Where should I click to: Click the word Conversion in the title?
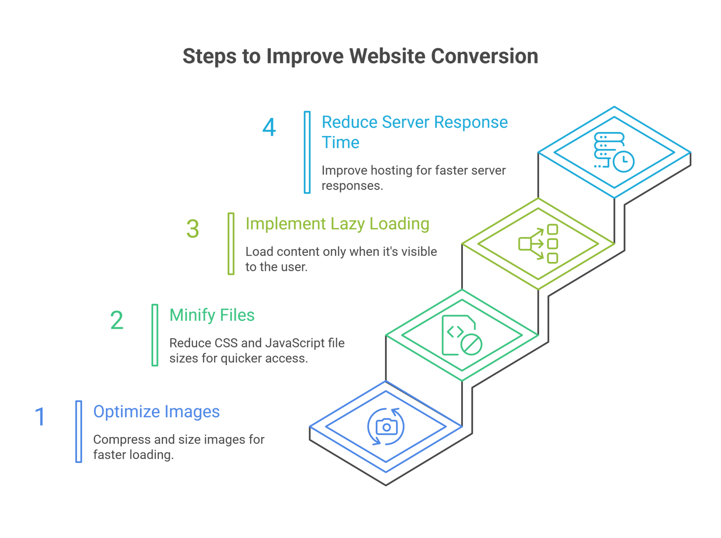pyautogui.click(x=484, y=56)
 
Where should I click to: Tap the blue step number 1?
pyautogui.click(x=40, y=417)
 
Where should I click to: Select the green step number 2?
pyautogui.click(x=117, y=320)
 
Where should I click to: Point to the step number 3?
pyautogui.click(x=193, y=229)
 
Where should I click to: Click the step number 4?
pyautogui.click(x=269, y=127)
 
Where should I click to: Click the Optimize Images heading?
pyautogui.click(x=156, y=412)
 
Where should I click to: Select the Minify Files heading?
pyautogui.click(x=212, y=315)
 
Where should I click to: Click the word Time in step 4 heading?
pyautogui.click(x=340, y=143)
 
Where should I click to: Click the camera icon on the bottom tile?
pyautogui.click(x=386, y=427)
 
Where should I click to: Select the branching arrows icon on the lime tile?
pyautogui.click(x=538, y=244)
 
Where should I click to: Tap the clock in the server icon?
pyautogui.click(x=623, y=162)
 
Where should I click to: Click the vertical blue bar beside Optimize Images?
pyautogui.click(x=79, y=431)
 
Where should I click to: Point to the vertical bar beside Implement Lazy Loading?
pyautogui.click(x=231, y=244)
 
